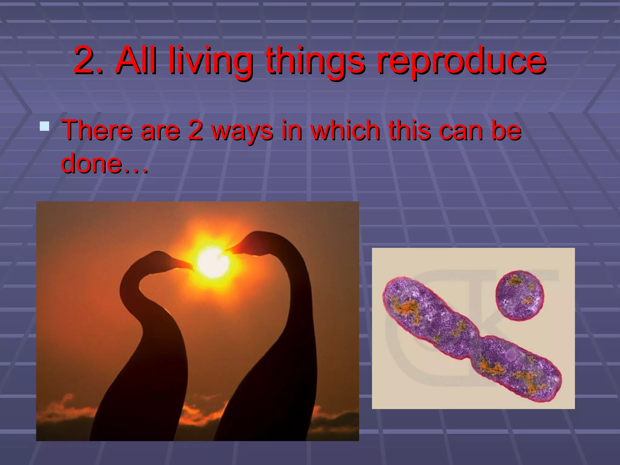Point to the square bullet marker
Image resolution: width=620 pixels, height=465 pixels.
(x=45, y=126)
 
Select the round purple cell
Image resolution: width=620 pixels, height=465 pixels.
(x=520, y=295)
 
